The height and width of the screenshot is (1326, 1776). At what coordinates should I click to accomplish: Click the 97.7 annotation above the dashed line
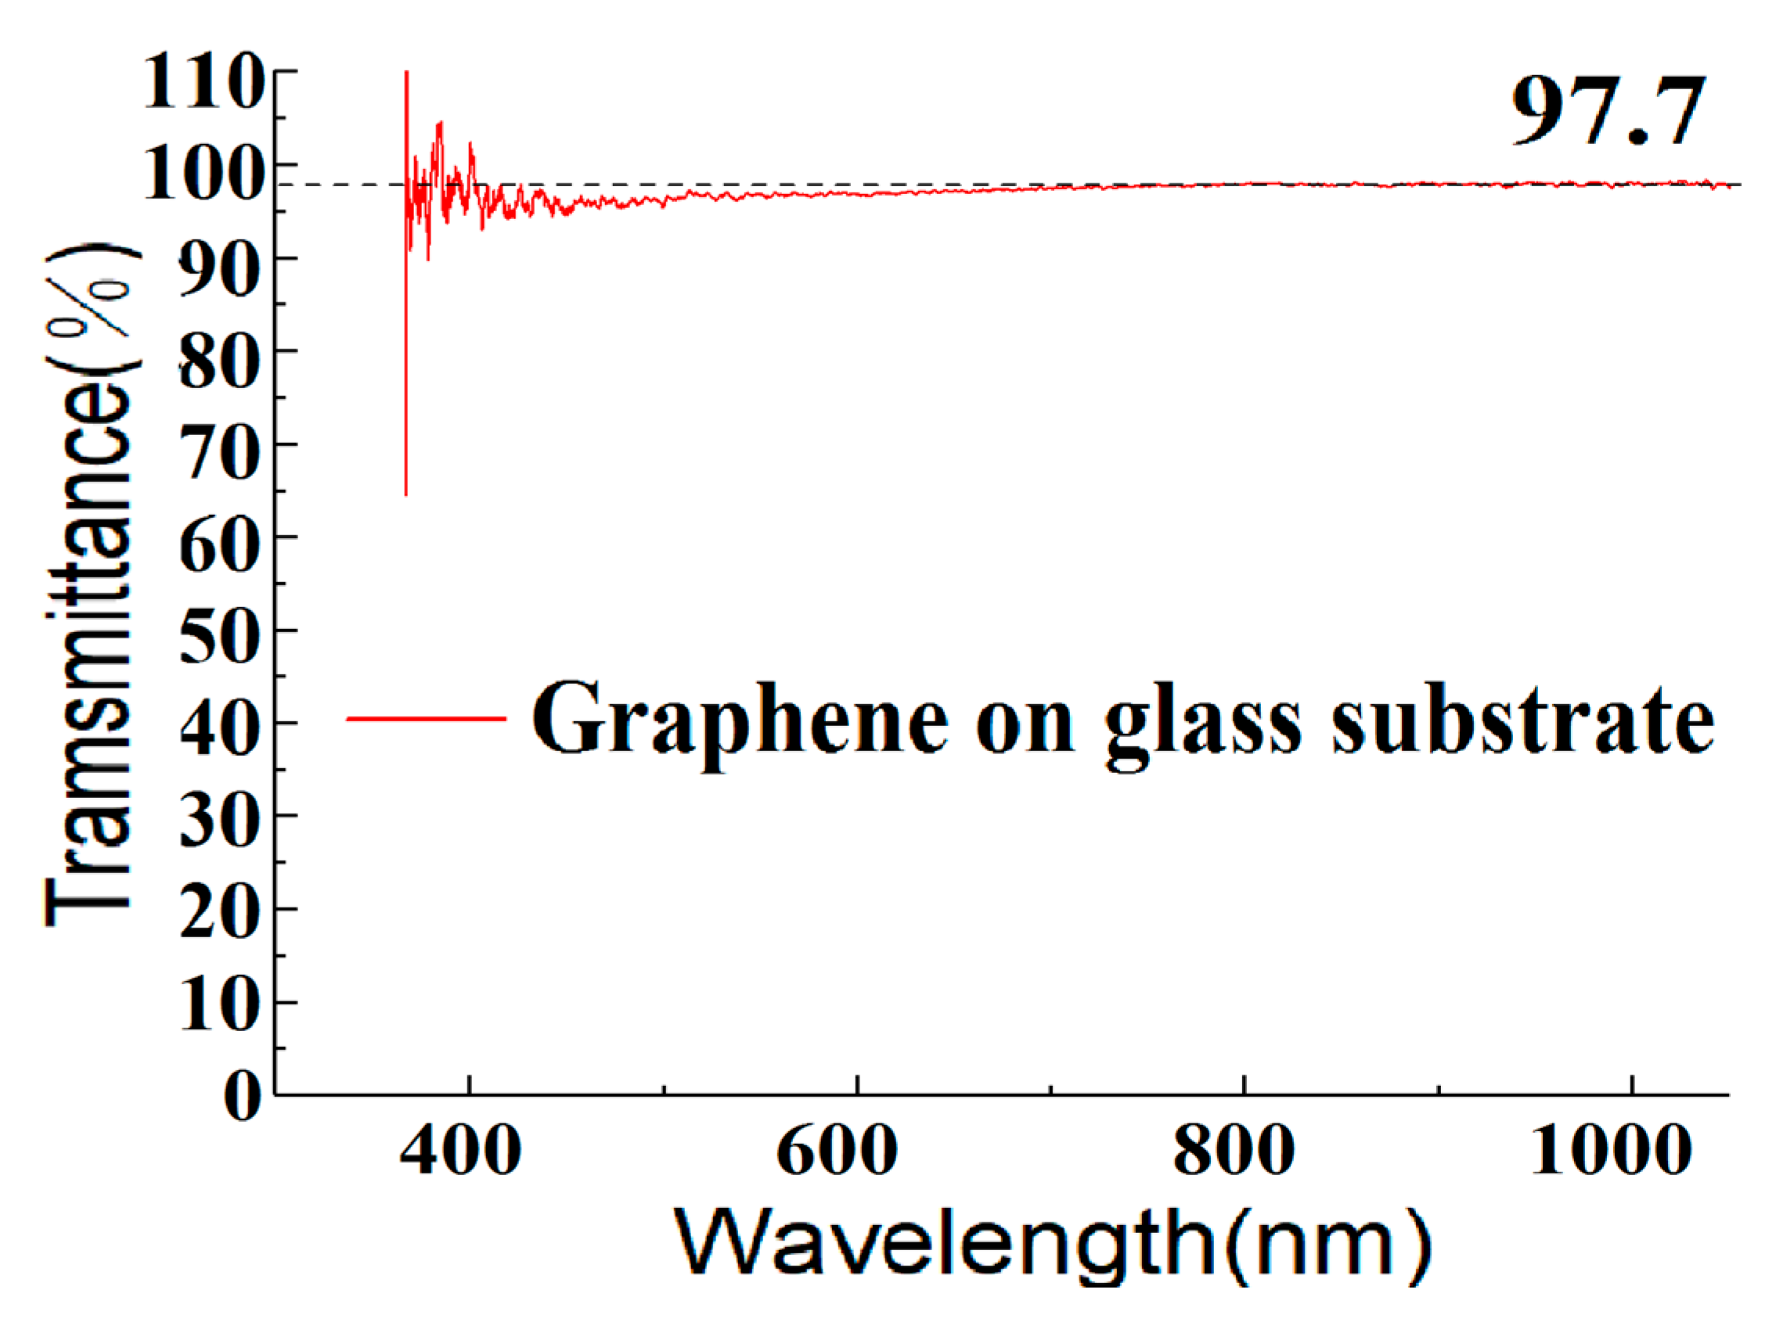point(1608,111)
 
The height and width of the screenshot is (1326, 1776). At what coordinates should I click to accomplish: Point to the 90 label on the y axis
point(219,270)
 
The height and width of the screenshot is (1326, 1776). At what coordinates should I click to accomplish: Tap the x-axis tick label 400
point(461,1152)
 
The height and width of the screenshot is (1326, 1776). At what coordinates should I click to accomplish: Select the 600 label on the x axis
point(837,1152)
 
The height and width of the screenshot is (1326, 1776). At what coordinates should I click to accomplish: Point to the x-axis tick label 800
point(1234,1152)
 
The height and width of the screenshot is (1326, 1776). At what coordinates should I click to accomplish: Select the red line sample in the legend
point(426,718)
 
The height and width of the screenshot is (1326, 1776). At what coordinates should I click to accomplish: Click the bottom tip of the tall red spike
point(406,494)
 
